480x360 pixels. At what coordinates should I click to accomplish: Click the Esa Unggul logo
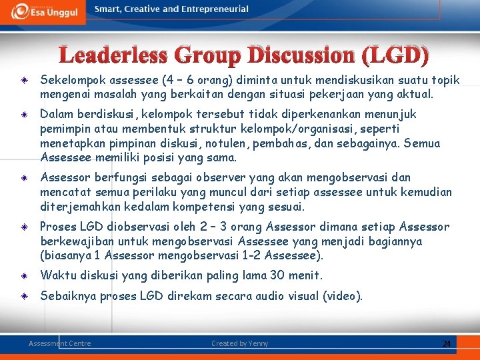[43, 11]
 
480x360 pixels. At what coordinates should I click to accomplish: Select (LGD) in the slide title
[393, 55]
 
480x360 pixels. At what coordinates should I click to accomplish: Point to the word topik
[445, 81]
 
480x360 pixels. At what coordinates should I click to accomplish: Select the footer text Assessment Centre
[60, 343]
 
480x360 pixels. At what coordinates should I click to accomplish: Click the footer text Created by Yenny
[240, 343]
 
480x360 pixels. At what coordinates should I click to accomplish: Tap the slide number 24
[447, 343]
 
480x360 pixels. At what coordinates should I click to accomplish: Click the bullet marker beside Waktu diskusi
[23, 276]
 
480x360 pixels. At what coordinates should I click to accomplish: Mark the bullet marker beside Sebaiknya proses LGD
[23, 297]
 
